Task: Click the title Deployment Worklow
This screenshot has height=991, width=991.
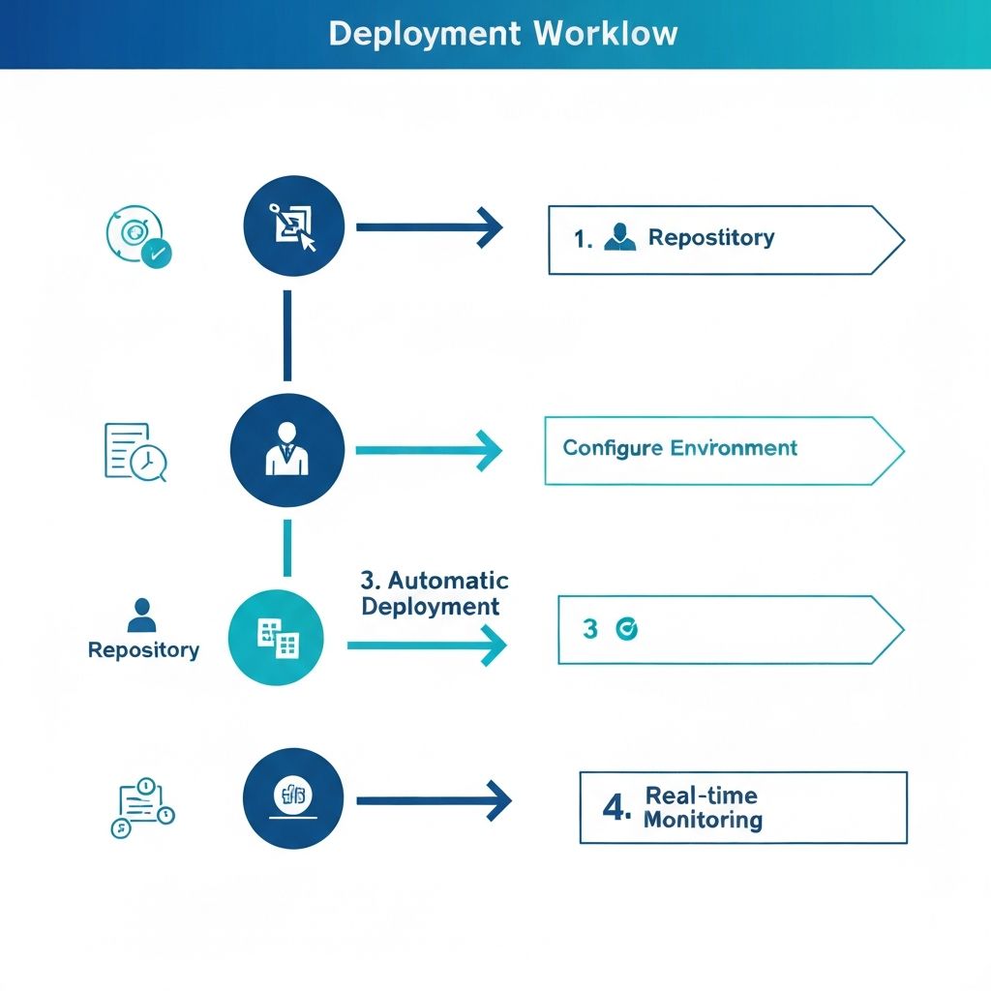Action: click(x=502, y=34)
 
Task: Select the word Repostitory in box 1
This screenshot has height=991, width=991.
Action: click(x=710, y=238)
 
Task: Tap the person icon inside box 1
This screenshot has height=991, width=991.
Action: click(x=619, y=238)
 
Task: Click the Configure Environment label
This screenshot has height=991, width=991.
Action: click(x=679, y=448)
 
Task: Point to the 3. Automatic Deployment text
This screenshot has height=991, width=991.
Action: click(x=434, y=593)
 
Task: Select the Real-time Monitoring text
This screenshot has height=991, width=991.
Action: click(x=703, y=808)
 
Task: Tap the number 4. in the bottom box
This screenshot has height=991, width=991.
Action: click(x=616, y=808)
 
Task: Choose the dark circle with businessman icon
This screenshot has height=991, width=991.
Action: click(x=287, y=450)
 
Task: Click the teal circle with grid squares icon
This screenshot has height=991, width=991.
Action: click(x=276, y=637)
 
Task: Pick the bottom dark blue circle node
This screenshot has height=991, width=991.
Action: click(x=293, y=798)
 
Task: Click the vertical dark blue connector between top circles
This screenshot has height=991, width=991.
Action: click(x=287, y=335)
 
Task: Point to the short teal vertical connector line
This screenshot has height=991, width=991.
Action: click(x=287, y=548)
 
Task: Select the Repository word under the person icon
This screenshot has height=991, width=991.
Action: click(x=143, y=650)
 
